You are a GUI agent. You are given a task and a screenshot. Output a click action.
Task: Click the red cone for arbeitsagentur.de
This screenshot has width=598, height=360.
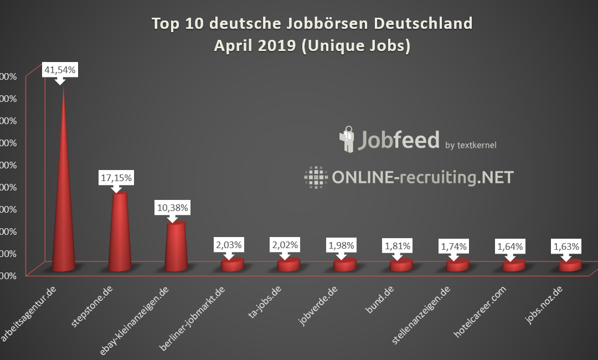[x=64, y=210]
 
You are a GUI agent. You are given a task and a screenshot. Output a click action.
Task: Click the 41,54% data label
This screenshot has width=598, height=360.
[x=60, y=70]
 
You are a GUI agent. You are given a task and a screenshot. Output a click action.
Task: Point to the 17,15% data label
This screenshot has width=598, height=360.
[x=116, y=178]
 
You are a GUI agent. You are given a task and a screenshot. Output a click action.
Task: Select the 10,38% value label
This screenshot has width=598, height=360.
[x=172, y=208]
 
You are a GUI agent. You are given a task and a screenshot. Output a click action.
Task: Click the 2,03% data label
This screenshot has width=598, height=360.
[x=229, y=244]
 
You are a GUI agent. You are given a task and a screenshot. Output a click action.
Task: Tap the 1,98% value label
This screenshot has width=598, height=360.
[x=342, y=244]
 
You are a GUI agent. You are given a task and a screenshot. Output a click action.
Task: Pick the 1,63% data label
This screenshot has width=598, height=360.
[x=566, y=246]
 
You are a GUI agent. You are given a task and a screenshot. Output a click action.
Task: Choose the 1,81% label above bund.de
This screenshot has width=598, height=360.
[x=397, y=244]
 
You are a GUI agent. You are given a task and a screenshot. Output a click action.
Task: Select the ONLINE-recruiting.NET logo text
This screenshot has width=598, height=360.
[x=422, y=177]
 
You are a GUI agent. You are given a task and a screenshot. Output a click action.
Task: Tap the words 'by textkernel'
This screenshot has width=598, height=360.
[x=471, y=145]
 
